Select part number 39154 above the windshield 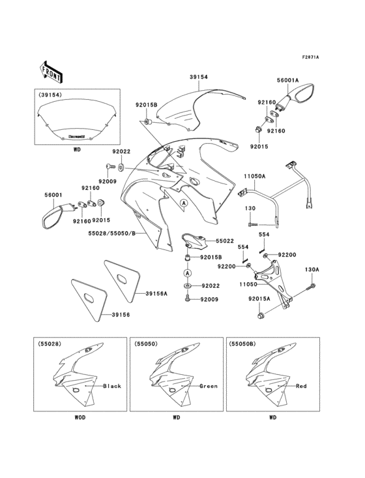click(199, 77)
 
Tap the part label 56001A click(287, 81)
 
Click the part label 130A click(312, 269)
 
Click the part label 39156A click(156, 294)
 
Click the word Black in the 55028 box click(112, 386)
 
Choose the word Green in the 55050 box click(208, 386)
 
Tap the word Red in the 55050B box click(301, 386)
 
